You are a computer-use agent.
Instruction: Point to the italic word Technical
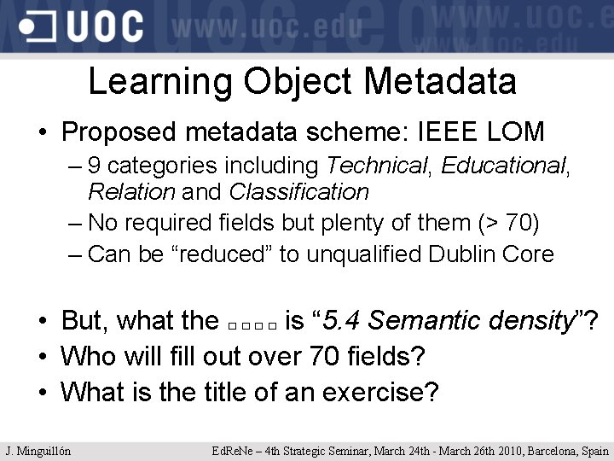pyautogui.click(x=377, y=165)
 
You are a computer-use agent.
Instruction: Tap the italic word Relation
pyautogui.click(x=130, y=192)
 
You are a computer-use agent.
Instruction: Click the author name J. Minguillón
pyautogui.click(x=38, y=451)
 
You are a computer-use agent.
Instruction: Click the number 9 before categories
pyautogui.click(x=94, y=165)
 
